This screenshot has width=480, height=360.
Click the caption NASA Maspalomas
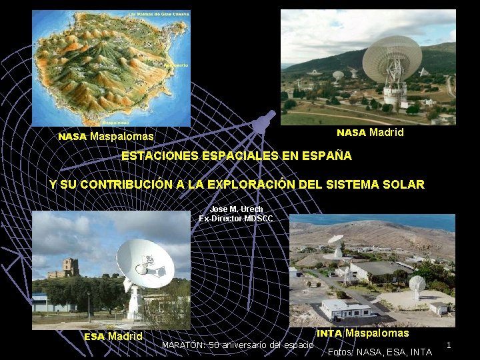point(106,137)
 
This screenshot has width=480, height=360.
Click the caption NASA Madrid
point(370,133)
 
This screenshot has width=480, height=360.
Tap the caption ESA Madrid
point(113,337)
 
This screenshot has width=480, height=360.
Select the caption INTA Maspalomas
point(363,333)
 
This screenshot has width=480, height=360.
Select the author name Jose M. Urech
point(236,209)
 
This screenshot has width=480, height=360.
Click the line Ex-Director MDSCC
point(236,219)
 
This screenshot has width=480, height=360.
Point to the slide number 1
point(449,345)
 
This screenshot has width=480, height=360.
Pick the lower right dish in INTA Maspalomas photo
point(417,283)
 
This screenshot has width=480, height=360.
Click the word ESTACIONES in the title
point(159,156)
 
